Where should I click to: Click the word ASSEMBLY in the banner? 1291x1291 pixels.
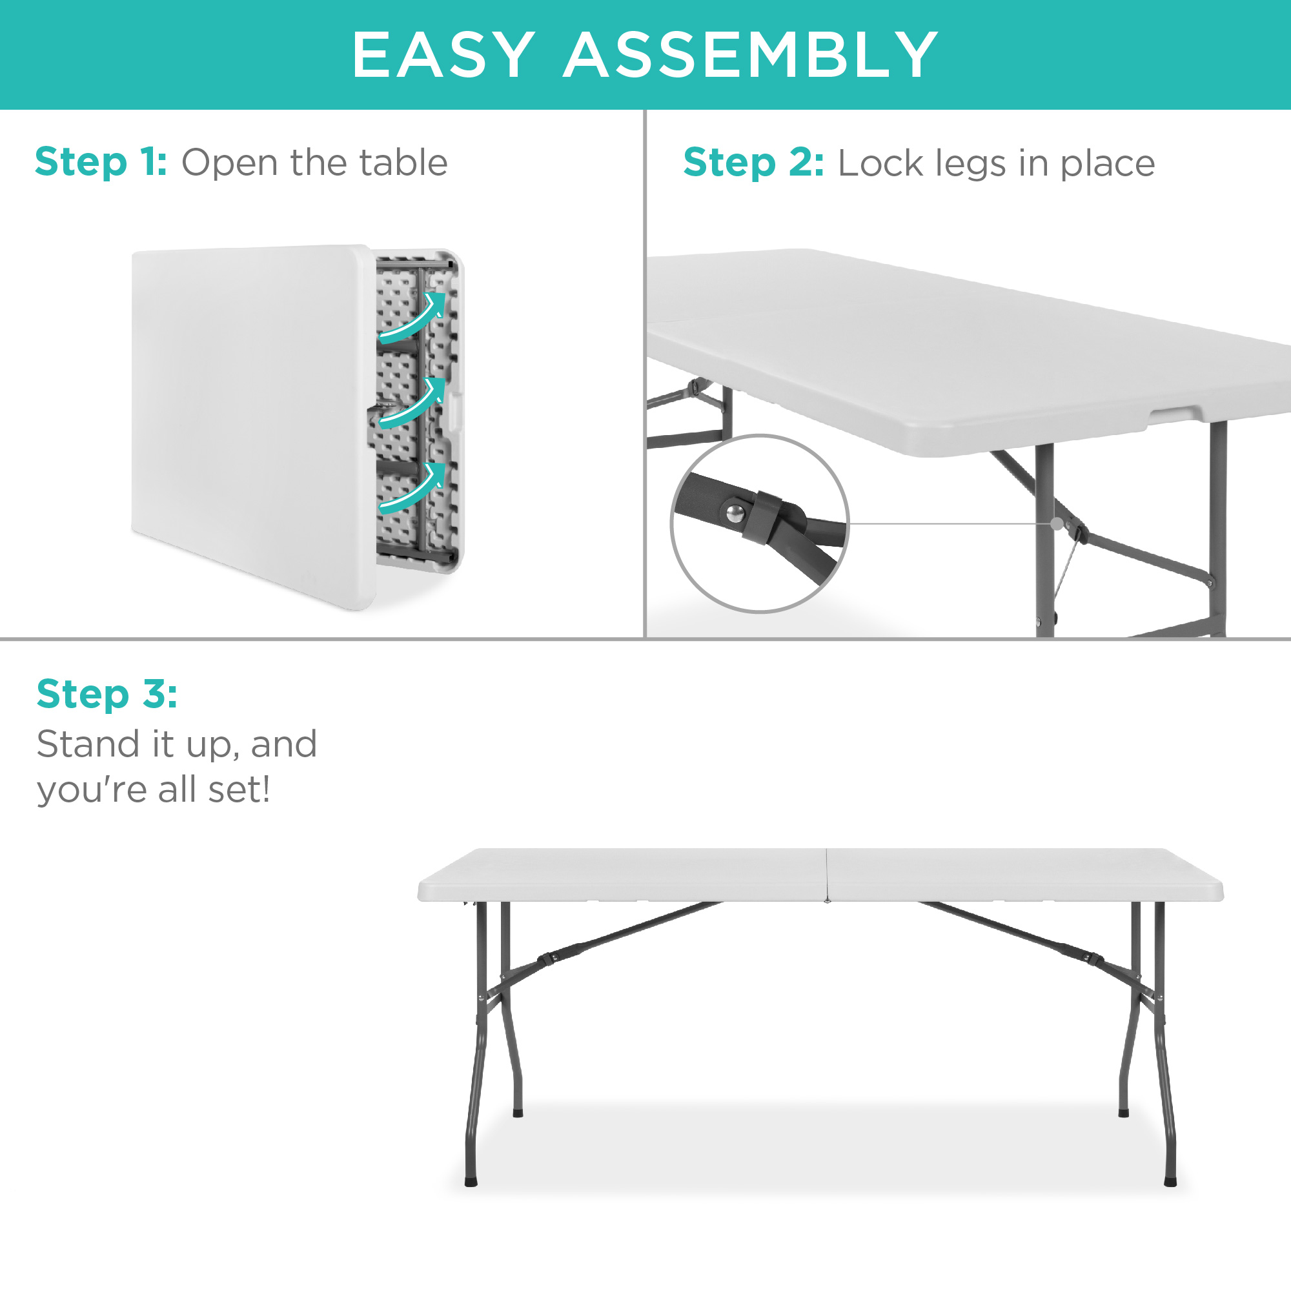(x=751, y=55)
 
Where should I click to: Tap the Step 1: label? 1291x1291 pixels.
(x=101, y=163)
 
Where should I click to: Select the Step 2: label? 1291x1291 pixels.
(x=754, y=164)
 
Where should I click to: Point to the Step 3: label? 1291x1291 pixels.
(x=107, y=694)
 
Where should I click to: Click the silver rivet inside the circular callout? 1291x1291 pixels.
(x=735, y=513)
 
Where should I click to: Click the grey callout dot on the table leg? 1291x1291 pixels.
(x=1057, y=524)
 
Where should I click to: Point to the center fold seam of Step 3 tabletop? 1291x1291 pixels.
(x=827, y=874)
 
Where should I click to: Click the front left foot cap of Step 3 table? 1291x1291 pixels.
(x=471, y=1181)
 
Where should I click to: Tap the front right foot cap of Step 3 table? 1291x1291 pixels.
(x=1170, y=1181)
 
